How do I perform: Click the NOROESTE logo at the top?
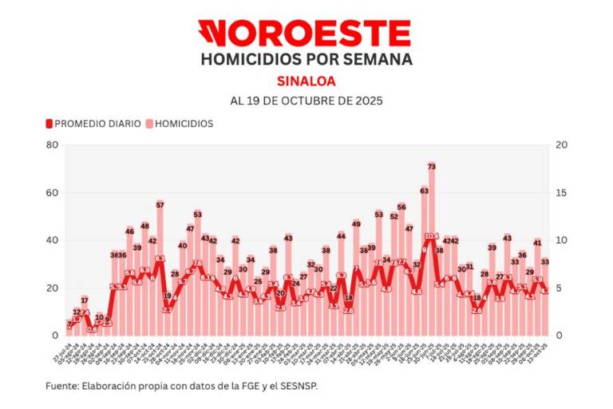pyautogui.click(x=305, y=34)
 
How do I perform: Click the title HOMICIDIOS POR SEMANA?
pyautogui.click(x=306, y=60)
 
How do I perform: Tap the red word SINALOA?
pyautogui.click(x=306, y=81)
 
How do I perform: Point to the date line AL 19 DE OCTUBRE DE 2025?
pyautogui.click(x=306, y=101)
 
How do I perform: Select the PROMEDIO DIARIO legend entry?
pyautogui.click(x=93, y=124)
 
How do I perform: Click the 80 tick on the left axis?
pyautogui.click(x=52, y=145)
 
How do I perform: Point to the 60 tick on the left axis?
pyautogui.click(x=52, y=193)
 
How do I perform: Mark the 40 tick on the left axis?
pyautogui.click(x=52, y=240)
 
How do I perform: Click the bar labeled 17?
pyautogui.click(x=85, y=316)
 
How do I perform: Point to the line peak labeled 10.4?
pyautogui.click(x=431, y=236)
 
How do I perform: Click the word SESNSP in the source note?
pyautogui.click(x=306, y=386)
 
